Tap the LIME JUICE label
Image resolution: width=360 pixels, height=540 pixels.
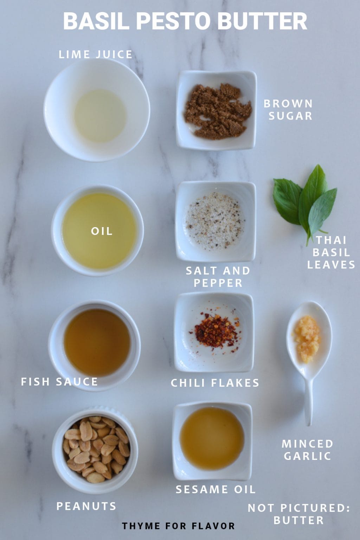pos(95,54)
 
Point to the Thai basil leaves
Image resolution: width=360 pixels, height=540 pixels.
pos(305,202)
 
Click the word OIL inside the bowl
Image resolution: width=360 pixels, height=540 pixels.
pos(102,231)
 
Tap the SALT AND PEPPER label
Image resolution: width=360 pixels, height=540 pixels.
pos(218,276)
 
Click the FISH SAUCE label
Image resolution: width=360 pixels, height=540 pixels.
pos(59,381)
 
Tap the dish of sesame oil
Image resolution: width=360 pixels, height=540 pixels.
pos(212,439)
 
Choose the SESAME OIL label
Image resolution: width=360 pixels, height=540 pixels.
pos(215,489)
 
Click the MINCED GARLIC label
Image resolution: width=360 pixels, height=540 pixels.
pos(307,450)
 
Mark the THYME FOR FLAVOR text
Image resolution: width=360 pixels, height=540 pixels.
pos(178,526)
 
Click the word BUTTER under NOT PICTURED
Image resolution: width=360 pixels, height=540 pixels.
pos(298,520)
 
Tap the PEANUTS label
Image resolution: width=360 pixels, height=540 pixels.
pos(86,506)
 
